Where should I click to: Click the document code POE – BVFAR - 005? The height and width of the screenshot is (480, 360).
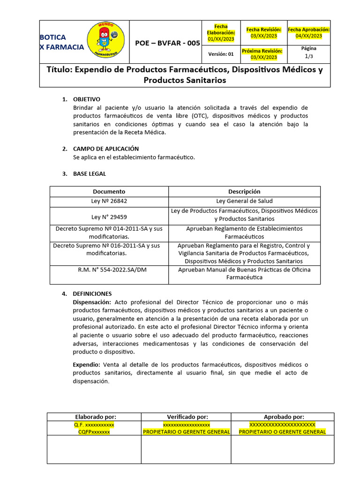click(167, 43)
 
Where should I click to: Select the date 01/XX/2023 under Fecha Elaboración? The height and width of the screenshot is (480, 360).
click(221, 39)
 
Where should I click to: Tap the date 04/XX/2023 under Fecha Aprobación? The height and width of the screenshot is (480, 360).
click(308, 36)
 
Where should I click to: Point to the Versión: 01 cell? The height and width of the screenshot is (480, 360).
click(221, 54)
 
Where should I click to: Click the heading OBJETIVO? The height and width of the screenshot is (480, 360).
click(86, 99)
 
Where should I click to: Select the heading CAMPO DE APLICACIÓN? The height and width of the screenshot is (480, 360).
click(106, 149)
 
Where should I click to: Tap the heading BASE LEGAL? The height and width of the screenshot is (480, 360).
click(90, 173)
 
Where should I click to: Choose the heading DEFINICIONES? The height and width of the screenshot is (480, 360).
click(92, 293)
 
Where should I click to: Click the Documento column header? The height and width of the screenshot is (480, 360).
click(109, 191)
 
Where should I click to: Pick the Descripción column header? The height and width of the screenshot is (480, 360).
click(244, 191)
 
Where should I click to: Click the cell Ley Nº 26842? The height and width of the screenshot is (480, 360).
click(109, 201)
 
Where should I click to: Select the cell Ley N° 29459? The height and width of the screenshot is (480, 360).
click(109, 217)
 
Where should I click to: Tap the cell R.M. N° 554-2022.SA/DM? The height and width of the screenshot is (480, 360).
click(109, 270)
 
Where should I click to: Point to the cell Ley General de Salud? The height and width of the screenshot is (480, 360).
click(244, 201)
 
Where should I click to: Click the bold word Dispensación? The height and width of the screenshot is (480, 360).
click(92, 302)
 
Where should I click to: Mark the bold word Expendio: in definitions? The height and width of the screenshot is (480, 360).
click(86, 364)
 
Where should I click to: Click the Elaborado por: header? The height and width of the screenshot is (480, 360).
click(96, 417)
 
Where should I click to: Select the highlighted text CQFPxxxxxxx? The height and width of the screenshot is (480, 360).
click(94, 432)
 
